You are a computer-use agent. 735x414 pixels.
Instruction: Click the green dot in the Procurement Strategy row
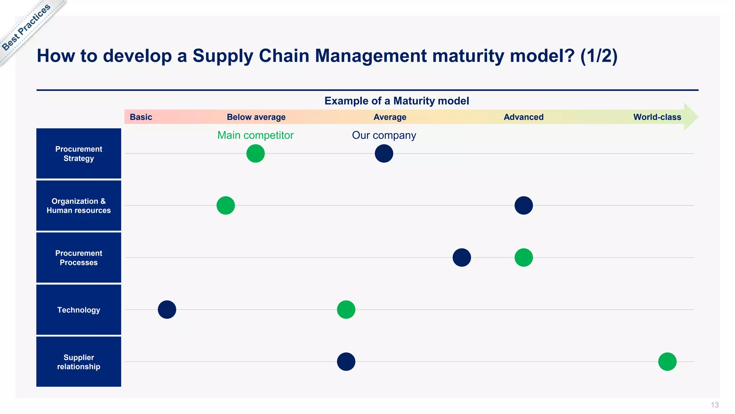coord(256,153)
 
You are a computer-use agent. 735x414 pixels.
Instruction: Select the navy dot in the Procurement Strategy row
coord(384,153)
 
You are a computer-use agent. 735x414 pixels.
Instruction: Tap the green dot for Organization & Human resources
coord(226,206)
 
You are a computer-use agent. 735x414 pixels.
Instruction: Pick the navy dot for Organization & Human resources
coord(524,206)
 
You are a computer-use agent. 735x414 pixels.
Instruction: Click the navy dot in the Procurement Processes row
coord(462,257)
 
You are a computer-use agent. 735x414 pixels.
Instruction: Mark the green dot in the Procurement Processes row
coord(524,257)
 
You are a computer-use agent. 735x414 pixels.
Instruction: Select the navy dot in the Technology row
coord(167,309)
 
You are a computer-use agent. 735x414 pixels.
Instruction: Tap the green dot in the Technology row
coord(346,309)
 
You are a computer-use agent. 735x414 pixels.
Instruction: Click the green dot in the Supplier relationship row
coord(667,362)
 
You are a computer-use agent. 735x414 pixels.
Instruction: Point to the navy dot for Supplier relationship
coord(346,362)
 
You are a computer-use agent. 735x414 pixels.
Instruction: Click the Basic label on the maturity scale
coord(141,117)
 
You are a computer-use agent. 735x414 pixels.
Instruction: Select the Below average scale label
coord(256,117)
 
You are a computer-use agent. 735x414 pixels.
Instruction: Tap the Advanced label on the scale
coord(523,117)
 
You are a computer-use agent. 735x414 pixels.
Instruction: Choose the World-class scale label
coord(657,117)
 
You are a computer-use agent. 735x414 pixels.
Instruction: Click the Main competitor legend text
coord(255,135)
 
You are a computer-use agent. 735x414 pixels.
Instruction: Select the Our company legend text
coord(384,135)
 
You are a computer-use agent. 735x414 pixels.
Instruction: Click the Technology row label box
coord(79,310)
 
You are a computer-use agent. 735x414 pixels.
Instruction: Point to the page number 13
coord(715,405)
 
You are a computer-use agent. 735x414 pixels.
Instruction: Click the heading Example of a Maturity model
coord(397,101)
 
